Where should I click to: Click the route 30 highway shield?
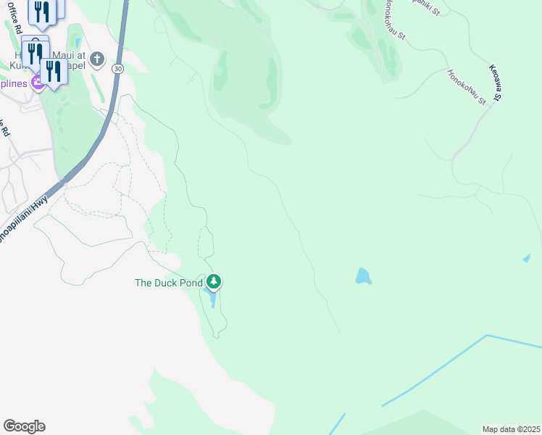tap(117, 69)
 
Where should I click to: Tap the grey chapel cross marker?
tap(97, 59)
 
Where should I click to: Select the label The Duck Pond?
tap(169, 283)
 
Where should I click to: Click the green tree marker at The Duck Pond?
tap(213, 281)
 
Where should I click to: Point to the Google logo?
tap(24, 426)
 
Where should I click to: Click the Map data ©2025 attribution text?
tap(511, 429)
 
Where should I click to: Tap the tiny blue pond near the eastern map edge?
tap(526, 258)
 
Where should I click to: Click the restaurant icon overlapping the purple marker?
tap(52, 71)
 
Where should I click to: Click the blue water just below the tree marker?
tap(212, 299)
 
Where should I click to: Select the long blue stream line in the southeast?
tap(435, 369)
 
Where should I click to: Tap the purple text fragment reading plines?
tap(14, 83)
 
